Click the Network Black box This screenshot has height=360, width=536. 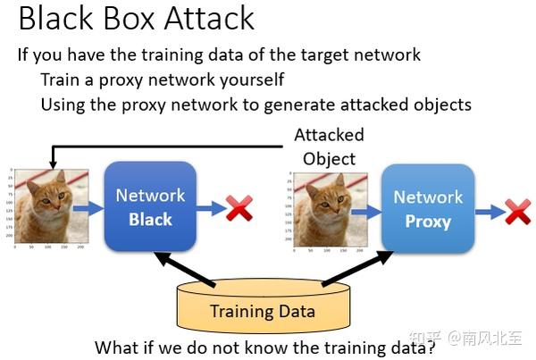[x=150, y=206]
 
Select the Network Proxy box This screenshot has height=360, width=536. [x=428, y=208]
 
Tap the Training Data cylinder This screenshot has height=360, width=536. [x=262, y=309]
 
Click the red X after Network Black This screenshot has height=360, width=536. [x=239, y=209]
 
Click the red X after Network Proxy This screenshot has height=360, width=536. [x=517, y=212]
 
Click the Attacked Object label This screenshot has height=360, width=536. [x=329, y=147]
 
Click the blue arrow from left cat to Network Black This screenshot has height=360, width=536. [x=88, y=208]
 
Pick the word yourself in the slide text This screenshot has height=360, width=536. [x=249, y=80]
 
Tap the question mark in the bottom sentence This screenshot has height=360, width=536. [x=430, y=347]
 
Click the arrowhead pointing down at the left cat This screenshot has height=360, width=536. [x=53, y=164]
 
